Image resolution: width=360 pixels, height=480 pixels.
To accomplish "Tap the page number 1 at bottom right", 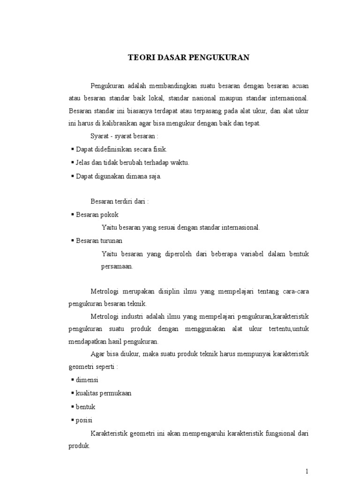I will (307, 471).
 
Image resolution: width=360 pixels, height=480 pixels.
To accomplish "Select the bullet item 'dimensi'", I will (87, 379).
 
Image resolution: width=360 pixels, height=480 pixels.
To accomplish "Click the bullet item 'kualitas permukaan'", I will (104, 393).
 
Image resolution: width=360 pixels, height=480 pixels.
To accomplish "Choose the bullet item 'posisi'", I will (84, 420).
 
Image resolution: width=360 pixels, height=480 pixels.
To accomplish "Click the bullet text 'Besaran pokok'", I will (97, 214).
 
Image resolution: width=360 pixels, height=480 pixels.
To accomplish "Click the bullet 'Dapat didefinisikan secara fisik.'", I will (121, 149).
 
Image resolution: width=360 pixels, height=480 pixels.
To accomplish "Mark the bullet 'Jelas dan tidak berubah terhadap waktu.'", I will (132, 162).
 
